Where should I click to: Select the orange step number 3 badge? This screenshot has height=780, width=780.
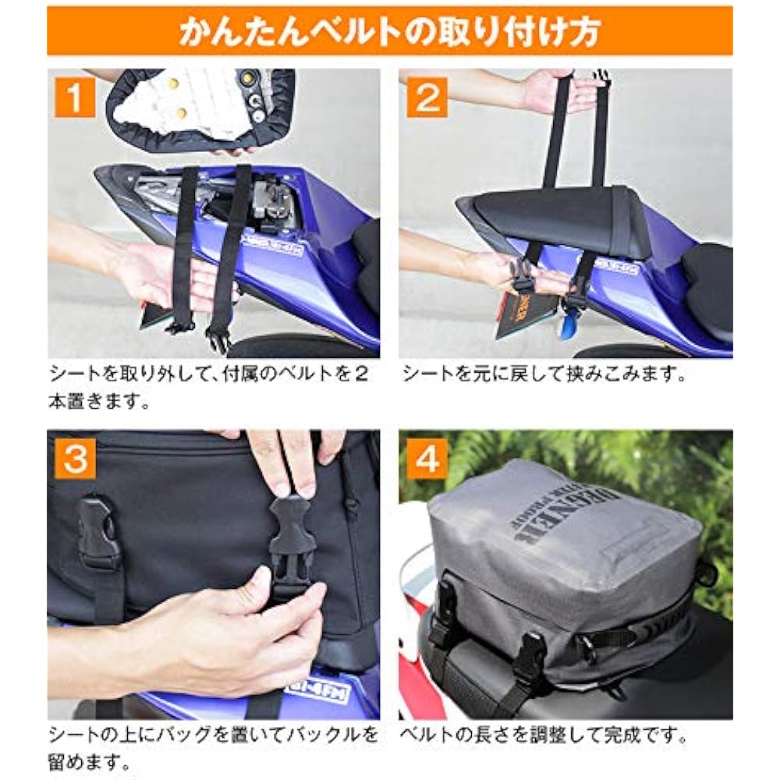(x=74, y=459)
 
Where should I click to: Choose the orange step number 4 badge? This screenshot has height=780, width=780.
(x=427, y=459)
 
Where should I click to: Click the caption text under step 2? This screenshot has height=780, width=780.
(x=544, y=374)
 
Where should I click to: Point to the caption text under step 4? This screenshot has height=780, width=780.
(x=544, y=735)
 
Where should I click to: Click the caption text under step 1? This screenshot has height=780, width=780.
(x=207, y=387)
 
